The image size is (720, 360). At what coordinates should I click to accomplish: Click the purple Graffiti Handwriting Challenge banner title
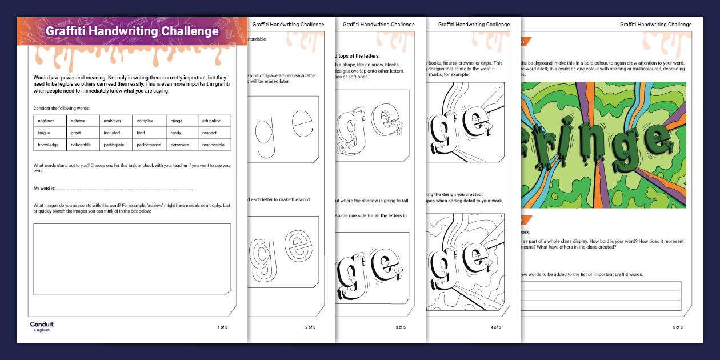132,31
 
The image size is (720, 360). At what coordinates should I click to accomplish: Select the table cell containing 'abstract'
50,121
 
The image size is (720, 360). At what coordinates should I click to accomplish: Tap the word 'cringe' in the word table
182,121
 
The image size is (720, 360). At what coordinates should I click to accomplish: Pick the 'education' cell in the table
214,121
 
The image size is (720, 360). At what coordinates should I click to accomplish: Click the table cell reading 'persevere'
182,145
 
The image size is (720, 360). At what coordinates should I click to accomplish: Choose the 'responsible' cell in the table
214,145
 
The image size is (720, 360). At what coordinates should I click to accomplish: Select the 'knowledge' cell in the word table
50,145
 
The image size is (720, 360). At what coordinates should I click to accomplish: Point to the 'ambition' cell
116,121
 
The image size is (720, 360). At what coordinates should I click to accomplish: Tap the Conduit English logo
42,326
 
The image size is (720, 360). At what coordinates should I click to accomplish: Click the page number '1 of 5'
222,327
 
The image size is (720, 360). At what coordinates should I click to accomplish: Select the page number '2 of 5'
310,327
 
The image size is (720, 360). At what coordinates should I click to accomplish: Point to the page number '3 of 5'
400,327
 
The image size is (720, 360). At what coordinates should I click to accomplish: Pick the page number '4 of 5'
495,327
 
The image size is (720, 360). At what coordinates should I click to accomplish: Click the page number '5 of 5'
677,327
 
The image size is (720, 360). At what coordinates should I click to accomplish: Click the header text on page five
655,25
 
